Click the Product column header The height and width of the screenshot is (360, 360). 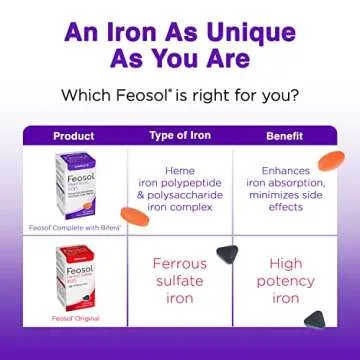point(73,135)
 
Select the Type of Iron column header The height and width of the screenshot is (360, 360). point(180,135)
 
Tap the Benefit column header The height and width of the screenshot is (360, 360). point(283,135)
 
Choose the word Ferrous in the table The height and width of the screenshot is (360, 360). point(180,265)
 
